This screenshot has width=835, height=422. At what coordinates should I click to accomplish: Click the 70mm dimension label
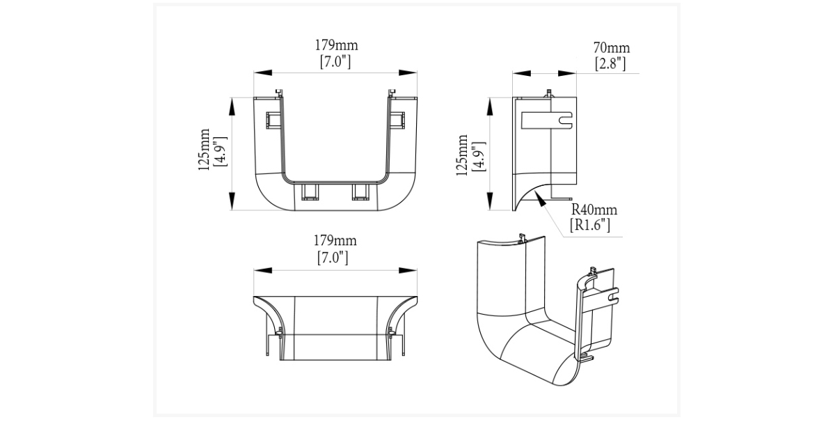[x=611, y=48]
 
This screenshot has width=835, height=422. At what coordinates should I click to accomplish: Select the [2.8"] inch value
[x=611, y=64]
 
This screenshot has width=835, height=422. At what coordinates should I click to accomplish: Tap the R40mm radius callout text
[x=594, y=210]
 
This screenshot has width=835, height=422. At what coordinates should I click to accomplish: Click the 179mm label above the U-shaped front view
[x=336, y=45]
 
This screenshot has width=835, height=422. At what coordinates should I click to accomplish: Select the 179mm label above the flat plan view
[x=335, y=241]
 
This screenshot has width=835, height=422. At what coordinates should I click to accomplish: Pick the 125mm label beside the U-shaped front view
[x=204, y=150]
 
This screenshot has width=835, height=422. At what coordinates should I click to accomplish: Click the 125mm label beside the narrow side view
[x=462, y=156]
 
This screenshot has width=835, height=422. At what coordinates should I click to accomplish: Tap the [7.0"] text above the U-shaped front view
[x=335, y=61]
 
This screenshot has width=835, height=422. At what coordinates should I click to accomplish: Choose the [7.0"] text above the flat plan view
[x=334, y=258]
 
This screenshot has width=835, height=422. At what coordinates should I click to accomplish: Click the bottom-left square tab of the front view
[x=309, y=192]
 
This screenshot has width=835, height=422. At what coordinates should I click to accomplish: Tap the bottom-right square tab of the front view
[x=360, y=192]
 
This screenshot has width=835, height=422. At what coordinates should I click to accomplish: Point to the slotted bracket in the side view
[x=547, y=120]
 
